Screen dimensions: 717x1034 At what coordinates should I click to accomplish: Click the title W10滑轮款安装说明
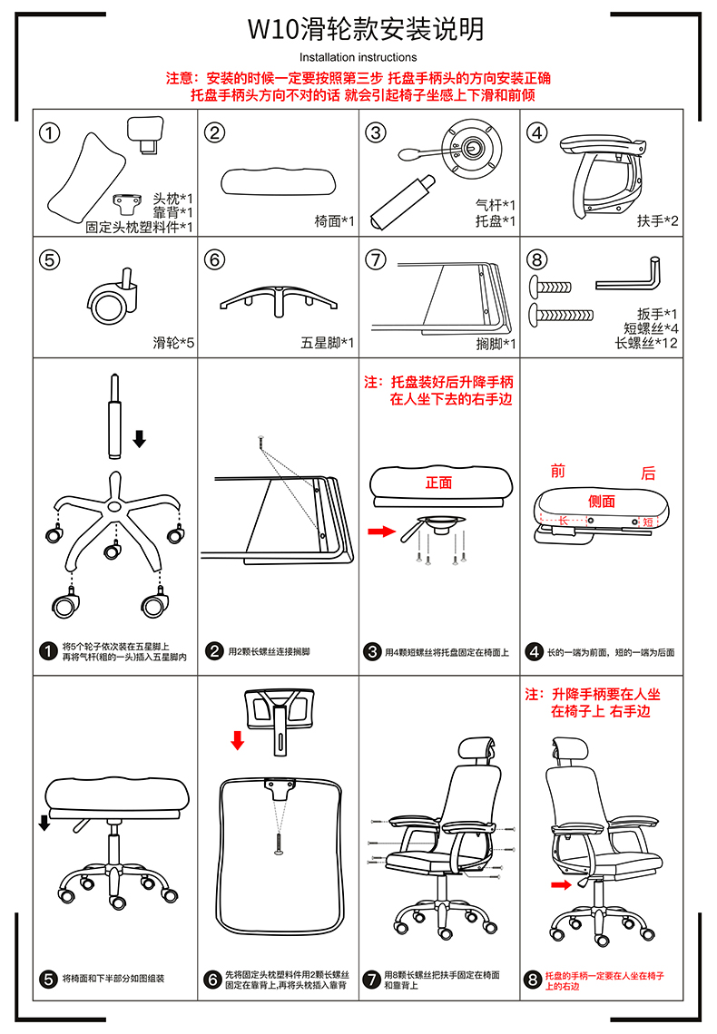pos(366,29)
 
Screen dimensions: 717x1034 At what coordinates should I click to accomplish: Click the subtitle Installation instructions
pos(358,57)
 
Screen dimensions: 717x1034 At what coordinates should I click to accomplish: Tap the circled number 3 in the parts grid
pos(376,132)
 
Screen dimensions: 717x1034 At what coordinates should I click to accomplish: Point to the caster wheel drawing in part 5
pos(113,300)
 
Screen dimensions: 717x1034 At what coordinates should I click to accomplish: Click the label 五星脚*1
pos(327,343)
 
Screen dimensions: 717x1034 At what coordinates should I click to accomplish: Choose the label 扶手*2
pos(658,221)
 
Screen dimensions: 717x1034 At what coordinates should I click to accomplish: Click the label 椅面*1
pos(334,221)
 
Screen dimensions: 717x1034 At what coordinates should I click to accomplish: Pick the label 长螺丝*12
pos(646,343)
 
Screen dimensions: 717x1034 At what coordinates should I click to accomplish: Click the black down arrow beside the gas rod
pos(139,438)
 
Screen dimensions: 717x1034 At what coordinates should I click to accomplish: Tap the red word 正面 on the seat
pos(438,483)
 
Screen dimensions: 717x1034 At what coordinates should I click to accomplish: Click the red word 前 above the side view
pos(558,471)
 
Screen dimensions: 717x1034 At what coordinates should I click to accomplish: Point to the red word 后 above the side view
pos(648,473)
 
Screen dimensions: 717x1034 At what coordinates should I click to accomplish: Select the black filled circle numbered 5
pos(48,980)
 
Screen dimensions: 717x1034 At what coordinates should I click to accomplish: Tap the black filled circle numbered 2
pos(214,651)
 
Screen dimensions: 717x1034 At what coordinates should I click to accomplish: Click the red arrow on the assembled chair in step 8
pos(561,885)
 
